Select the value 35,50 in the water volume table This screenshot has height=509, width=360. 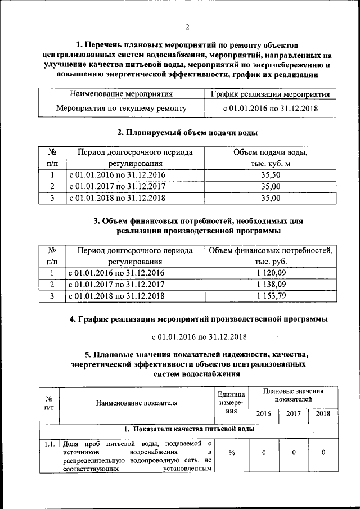point(271,175)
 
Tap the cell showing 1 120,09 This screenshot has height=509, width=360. point(271,273)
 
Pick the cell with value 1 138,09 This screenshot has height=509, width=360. point(271,284)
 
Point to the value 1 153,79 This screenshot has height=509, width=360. point(271,295)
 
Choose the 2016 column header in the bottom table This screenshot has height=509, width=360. point(263,413)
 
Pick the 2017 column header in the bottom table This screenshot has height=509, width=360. point(294,413)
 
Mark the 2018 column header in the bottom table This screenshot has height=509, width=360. point(323,413)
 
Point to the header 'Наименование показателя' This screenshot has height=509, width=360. point(137,403)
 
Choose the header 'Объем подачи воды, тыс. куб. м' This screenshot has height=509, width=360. point(271,158)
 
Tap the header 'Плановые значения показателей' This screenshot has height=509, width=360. point(293,394)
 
